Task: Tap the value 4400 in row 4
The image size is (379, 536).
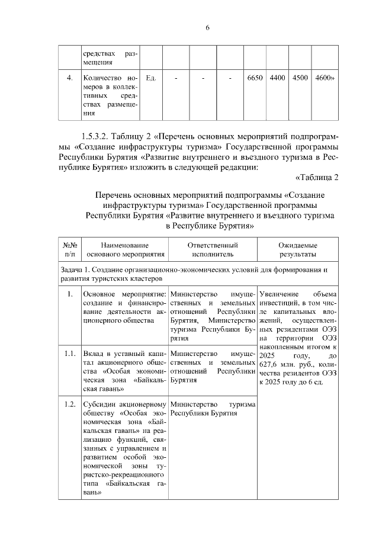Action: pyautogui.click(x=277, y=78)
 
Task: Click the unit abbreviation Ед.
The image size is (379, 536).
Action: pyautogui.click(x=150, y=78)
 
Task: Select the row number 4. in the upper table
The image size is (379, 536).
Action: pyautogui.click(x=69, y=78)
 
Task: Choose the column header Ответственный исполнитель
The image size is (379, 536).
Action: pyautogui.click(x=213, y=249)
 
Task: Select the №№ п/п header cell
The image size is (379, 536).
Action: pyautogui.click(x=69, y=249)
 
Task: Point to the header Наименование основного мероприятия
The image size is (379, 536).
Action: pyautogui.click(x=124, y=249)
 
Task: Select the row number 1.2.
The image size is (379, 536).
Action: pyautogui.click(x=69, y=405)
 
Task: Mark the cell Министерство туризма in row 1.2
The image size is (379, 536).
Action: pyautogui.click(x=213, y=409)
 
